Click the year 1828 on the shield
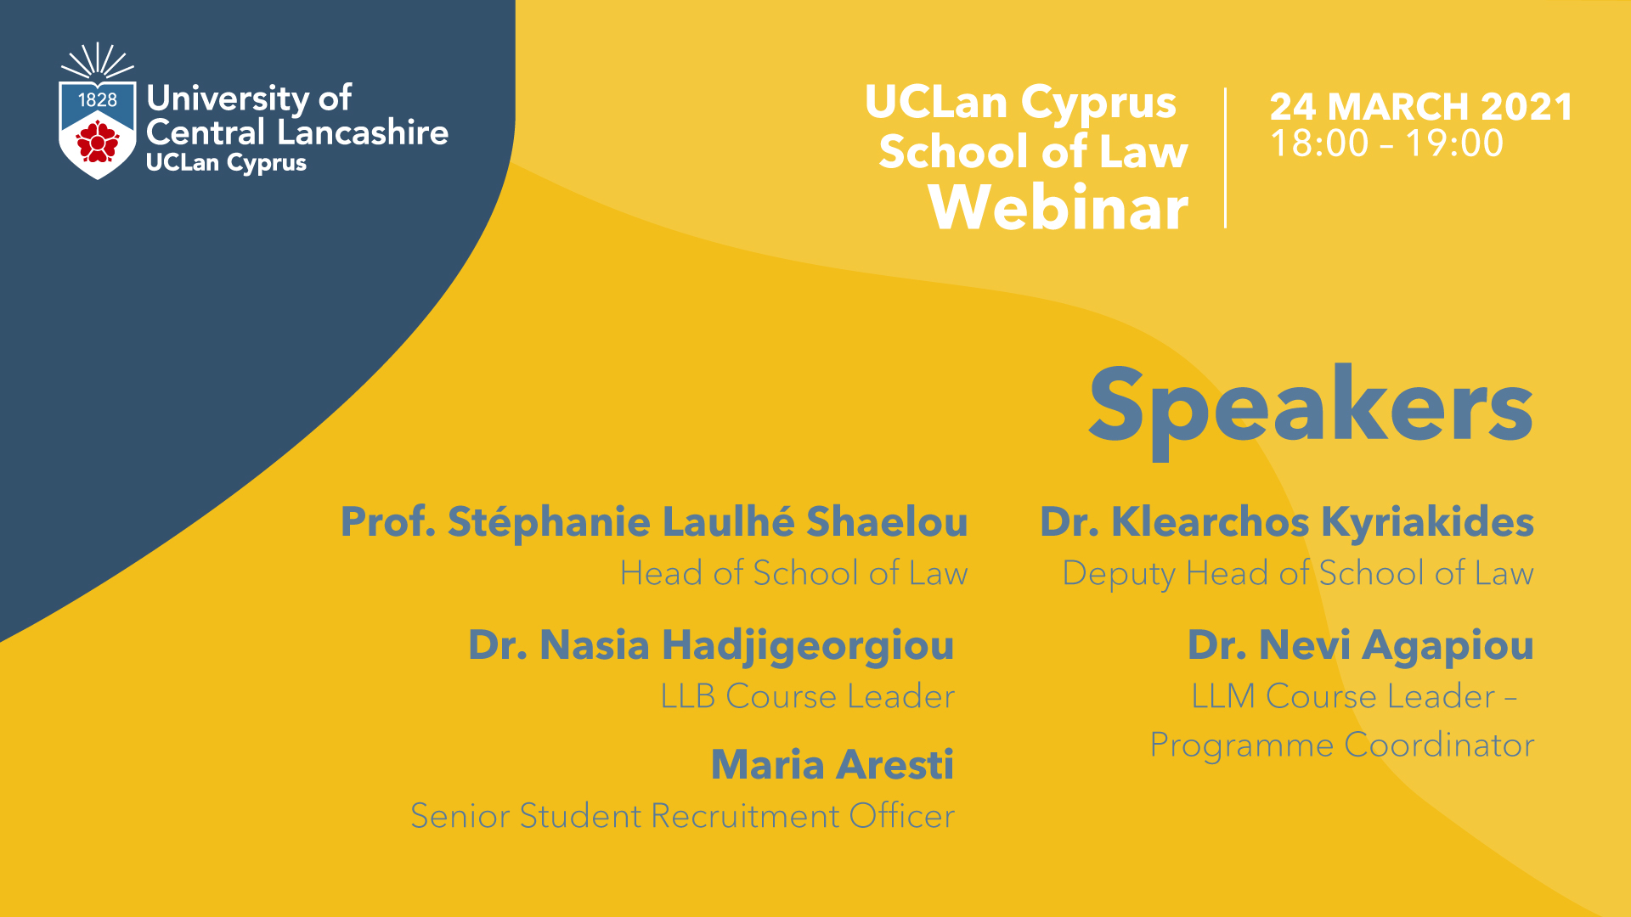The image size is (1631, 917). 98,100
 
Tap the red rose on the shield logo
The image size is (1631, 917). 98,141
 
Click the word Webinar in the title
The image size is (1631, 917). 1058,207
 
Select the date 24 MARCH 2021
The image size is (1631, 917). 1421,107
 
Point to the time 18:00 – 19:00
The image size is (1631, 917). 1386,143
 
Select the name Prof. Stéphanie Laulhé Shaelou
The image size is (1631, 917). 654,522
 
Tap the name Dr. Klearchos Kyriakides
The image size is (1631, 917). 1287,522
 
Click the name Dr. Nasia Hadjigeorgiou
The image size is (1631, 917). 711,646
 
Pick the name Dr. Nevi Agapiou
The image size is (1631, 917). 1361,646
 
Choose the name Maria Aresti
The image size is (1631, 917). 832,765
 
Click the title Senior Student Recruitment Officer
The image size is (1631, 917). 682,816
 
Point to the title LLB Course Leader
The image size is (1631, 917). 808,697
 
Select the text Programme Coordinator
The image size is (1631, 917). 1342,745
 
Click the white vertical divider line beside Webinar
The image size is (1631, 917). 1225,157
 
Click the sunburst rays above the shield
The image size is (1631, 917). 98,61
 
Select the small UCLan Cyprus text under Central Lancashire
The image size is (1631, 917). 226,163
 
